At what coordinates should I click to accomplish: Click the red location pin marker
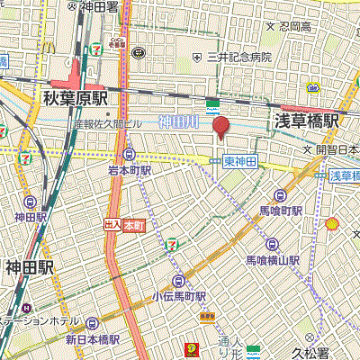pyautogui.click(x=220, y=128)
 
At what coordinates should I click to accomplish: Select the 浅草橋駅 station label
pyautogui.click(x=306, y=120)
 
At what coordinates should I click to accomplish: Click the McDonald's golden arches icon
pyautogui.click(x=193, y=348)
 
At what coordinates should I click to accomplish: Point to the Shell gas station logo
pyautogui.click(x=332, y=223)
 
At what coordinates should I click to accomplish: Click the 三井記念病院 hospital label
pyautogui.click(x=238, y=58)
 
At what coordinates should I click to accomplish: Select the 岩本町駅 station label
pyautogui.click(x=129, y=169)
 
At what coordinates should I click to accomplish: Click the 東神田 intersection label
pyautogui.click(x=240, y=161)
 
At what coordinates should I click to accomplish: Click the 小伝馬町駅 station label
pyautogui.click(x=179, y=295)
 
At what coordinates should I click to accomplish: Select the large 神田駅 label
pyautogui.click(x=30, y=268)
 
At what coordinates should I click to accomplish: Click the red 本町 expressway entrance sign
pyautogui.click(x=125, y=224)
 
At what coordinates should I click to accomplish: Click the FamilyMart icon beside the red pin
pyautogui.click(x=214, y=104)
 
